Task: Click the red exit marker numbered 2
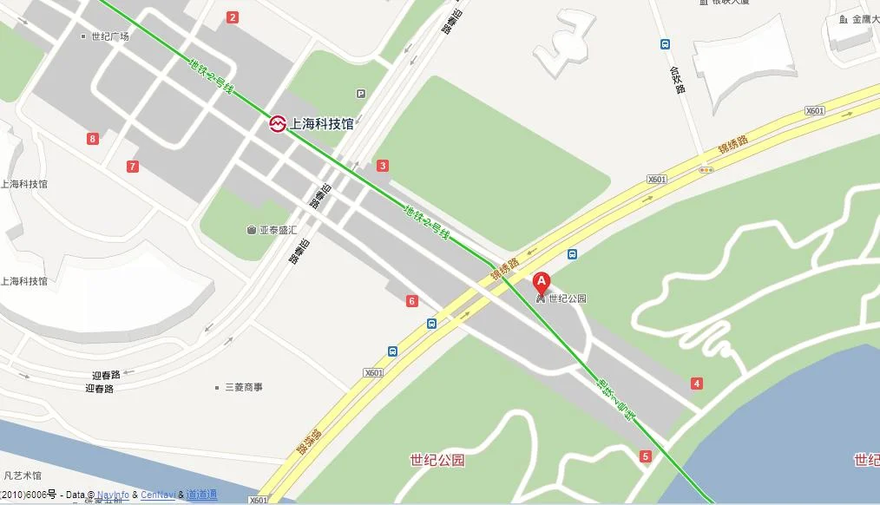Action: click(x=232, y=17)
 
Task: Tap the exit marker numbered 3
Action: click(x=383, y=166)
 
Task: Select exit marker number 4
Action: click(x=697, y=384)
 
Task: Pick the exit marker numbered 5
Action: click(x=645, y=456)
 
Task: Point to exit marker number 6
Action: click(x=412, y=301)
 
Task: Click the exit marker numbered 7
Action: click(x=132, y=166)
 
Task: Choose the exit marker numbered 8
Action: click(x=93, y=138)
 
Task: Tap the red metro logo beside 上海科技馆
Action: click(x=277, y=124)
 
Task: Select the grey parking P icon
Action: click(x=360, y=94)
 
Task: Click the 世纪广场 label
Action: click(x=110, y=36)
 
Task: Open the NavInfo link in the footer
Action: click(x=113, y=495)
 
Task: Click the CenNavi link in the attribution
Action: click(x=158, y=495)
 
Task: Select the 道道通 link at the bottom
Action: click(x=201, y=495)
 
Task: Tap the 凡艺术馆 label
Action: click(x=23, y=475)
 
